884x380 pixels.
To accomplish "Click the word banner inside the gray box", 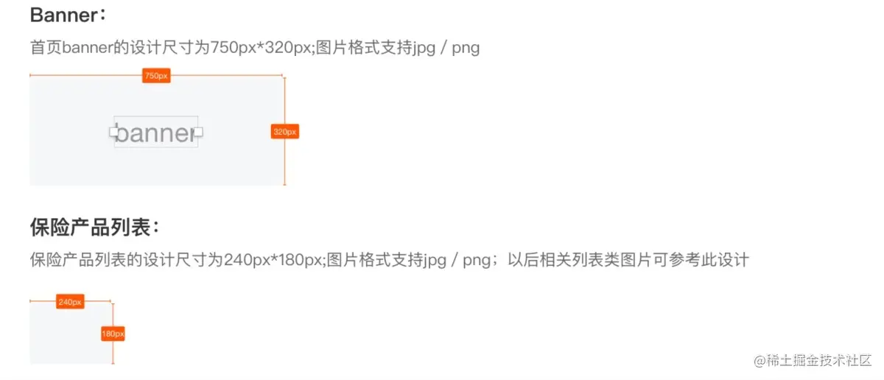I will click(x=155, y=133).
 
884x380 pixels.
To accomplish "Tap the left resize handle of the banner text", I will click(x=114, y=133).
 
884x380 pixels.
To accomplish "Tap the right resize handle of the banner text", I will click(x=197, y=133).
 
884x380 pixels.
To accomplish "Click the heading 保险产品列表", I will click(x=90, y=227).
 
